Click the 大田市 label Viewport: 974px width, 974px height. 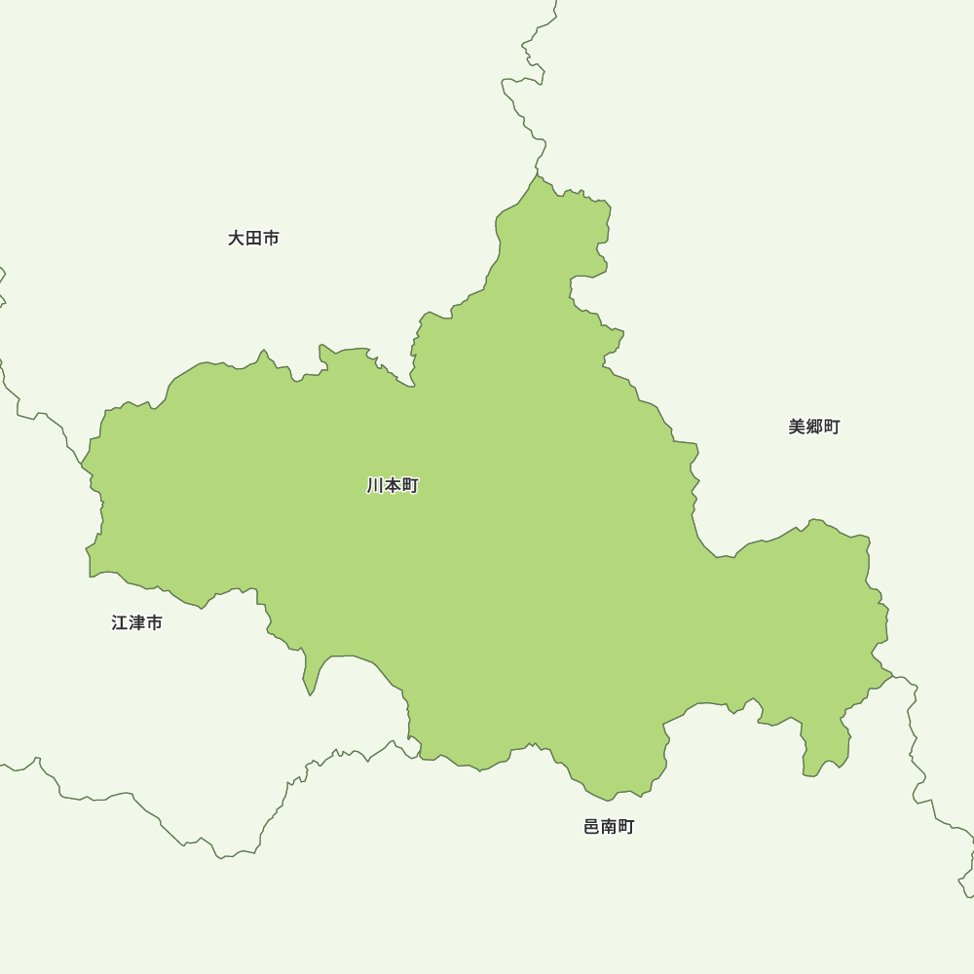click(x=253, y=238)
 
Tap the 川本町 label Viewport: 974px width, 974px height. click(x=393, y=485)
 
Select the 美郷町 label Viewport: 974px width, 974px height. click(x=813, y=427)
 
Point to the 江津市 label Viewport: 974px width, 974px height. click(x=136, y=622)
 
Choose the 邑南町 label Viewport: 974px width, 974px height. click(x=609, y=827)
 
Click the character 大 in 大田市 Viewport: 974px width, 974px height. click(x=237, y=238)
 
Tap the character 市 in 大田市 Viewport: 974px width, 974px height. click(x=271, y=238)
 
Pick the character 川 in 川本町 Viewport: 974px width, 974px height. click(x=376, y=485)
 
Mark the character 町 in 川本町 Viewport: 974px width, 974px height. click(x=410, y=485)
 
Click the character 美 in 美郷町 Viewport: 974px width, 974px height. click(x=797, y=427)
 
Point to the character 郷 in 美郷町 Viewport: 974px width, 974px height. click(x=813, y=427)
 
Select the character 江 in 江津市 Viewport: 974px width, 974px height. click(x=120, y=622)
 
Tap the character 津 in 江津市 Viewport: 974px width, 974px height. click(x=136, y=622)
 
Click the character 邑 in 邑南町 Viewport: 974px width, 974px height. click(x=592, y=827)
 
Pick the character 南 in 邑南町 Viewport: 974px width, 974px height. click(x=609, y=827)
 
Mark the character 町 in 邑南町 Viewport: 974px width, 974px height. click(x=626, y=827)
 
